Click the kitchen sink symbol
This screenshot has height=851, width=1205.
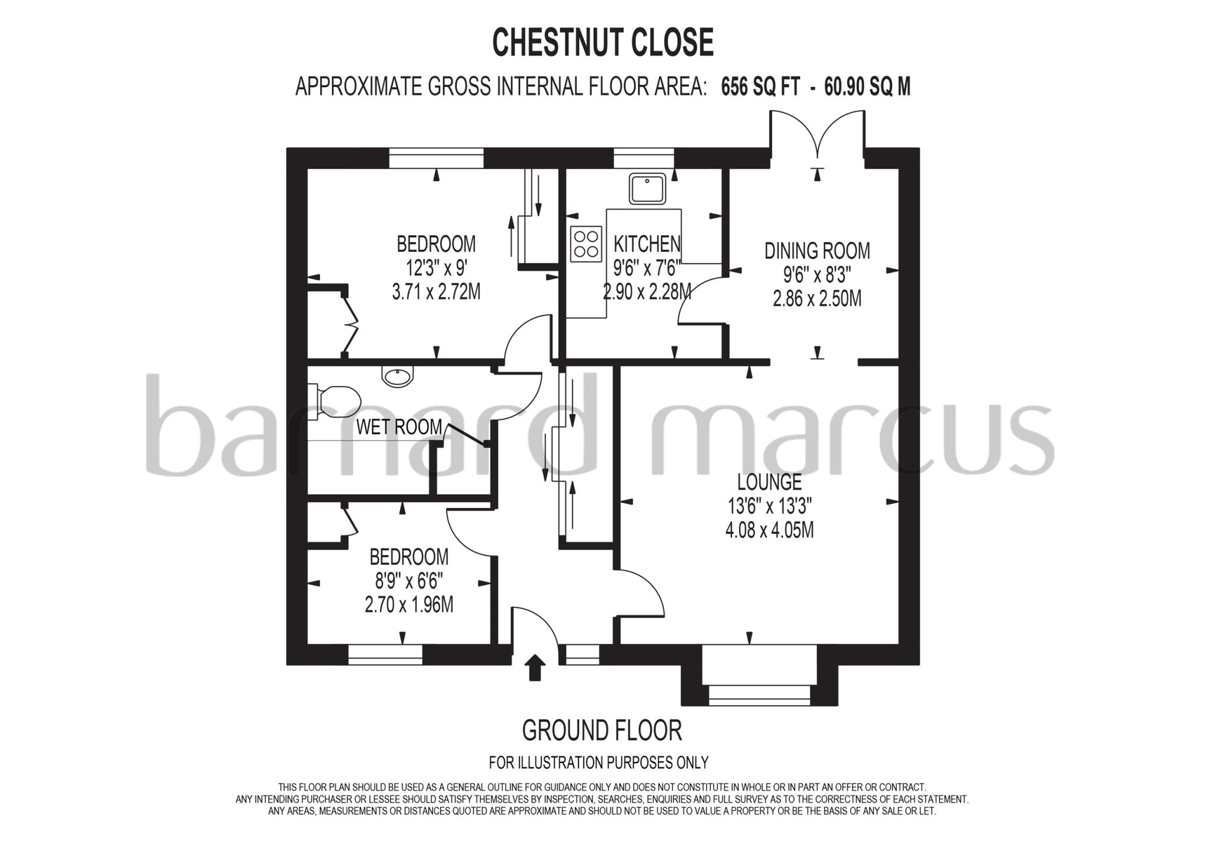647,188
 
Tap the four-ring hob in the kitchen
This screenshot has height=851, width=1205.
586,244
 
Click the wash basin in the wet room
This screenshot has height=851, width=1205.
398,376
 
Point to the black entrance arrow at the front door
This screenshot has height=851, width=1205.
534,667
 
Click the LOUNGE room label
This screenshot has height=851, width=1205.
769,482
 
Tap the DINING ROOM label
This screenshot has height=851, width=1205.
817,251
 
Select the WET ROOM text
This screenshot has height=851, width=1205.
399,427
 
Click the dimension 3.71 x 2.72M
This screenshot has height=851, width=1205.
436,291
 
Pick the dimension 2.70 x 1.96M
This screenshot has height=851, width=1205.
409,604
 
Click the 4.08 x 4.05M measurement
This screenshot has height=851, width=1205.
769,530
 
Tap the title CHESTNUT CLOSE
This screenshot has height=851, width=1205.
602,42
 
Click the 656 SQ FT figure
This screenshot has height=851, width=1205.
760,87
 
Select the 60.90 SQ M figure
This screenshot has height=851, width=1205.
867,87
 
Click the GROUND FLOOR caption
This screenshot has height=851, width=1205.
602,730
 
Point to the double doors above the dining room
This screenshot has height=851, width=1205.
817,135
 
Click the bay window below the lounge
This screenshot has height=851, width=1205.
759,694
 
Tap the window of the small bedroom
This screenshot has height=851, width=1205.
385,654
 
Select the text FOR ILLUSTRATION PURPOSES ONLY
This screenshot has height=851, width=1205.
598,763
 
